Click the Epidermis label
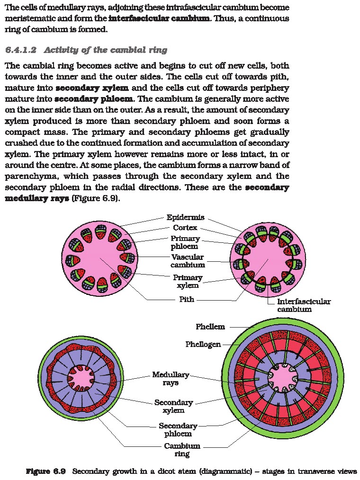tap(185, 217)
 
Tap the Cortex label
tap(185, 228)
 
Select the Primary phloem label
tap(185, 242)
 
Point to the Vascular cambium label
tap(187, 261)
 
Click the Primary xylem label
tap(187, 281)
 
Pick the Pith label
tap(187, 300)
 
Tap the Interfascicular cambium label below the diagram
tap(304, 305)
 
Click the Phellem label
tap(210, 327)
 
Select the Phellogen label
tap(203, 344)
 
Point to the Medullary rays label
tap(171, 379)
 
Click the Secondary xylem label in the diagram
tap(174, 406)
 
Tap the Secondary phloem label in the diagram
tap(178, 429)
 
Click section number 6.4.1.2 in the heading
tap(21, 50)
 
